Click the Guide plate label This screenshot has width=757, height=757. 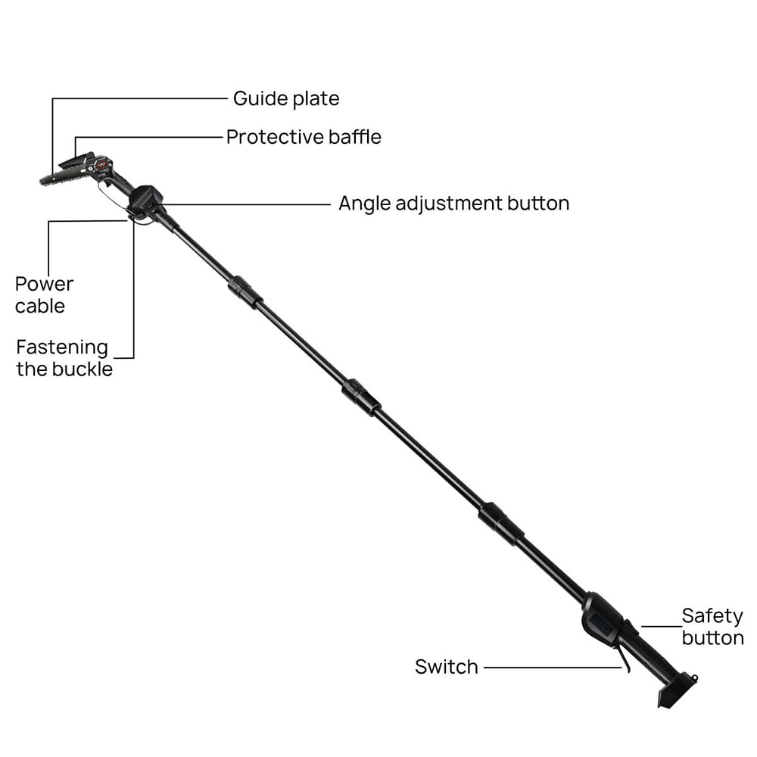tap(286, 98)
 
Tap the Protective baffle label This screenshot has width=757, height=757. tap(304, 137)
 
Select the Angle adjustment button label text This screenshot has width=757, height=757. tap(453, 203)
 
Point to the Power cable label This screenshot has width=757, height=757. tap(44, 295)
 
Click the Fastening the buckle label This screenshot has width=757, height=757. tap(64, 358)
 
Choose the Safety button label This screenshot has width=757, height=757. tap(712, 627)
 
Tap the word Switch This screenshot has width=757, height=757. tap(447, 667)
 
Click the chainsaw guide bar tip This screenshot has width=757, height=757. tap(41, 181)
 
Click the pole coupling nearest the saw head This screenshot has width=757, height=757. tap(245, 292)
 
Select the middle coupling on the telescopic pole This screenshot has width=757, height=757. tap(361, 397)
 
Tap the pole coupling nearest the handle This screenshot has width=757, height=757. tap(501, 523)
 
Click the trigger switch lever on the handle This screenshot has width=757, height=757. tap(623, 659)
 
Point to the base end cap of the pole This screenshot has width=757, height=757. tap(677, 691)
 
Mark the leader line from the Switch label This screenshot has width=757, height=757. tap(553, 668)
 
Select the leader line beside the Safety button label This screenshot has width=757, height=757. tap(662, 627)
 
